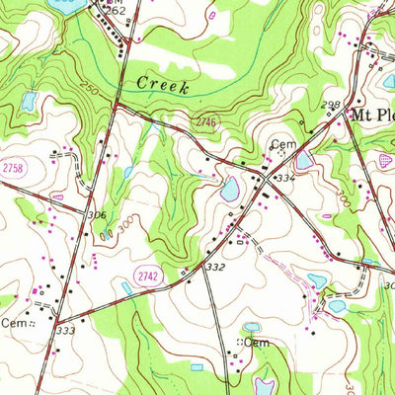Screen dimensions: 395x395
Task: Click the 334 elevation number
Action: click(x=286, y=177)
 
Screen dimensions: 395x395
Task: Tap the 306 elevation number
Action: click(x=97, y=214)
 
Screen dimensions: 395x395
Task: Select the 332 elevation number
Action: click(x=216, y=268)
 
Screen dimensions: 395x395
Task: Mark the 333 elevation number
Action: click(x=66, y=331)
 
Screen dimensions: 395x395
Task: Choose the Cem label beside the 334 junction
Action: click(x=284, y=145)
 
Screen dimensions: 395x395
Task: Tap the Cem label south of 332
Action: click(x=258, y=342)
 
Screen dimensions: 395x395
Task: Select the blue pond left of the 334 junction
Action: click(x=230, y=189)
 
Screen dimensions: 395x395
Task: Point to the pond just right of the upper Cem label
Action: click(x=304, y=159)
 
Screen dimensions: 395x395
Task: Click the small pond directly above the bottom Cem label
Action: click(x=252, y=327)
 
